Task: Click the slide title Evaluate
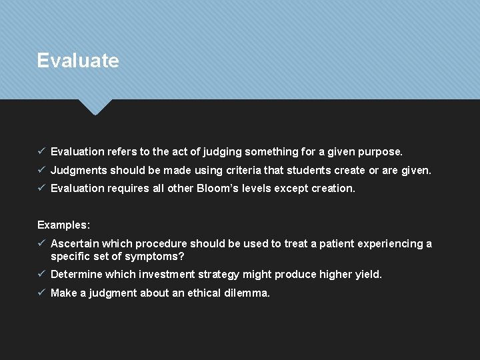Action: click(x=78, y=61)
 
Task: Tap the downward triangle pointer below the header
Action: click(x=95, y=106)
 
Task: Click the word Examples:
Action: click(x=63, y=225)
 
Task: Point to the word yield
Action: click(x=366, y=274)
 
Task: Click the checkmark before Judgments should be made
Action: click(x=41, y=170)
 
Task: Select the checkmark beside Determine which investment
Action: click(x=41, y=274)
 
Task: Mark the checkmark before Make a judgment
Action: click(x=41, y=293)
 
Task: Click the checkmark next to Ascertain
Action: click(x=41, y=243)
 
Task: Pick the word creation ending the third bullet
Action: click(x=333, y=188)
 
